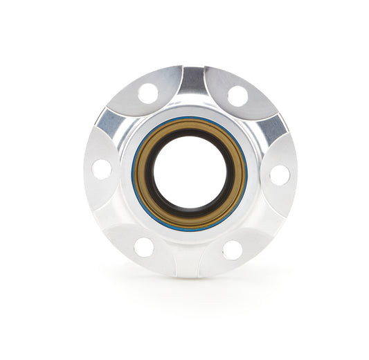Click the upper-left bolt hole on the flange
pos(147,93)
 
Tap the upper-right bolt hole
pos(237,96)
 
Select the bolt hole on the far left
pos(102,169)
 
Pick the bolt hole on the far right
pos(280,174)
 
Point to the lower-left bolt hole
pos(144,246)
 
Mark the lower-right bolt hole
pos(233,250)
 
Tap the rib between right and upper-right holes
pos(273,127)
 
